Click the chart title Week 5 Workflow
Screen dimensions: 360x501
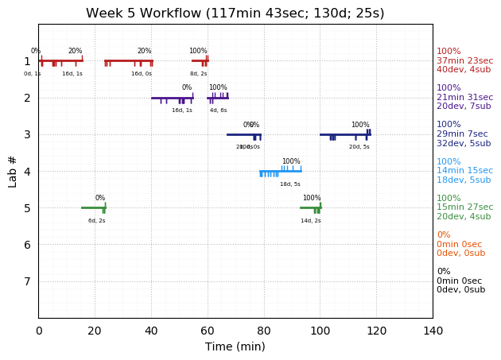(x=235, y=14)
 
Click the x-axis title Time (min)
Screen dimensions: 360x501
(x=235, y=346)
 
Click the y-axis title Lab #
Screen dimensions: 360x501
(x=13, y=171)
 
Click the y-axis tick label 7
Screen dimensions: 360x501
(x=27, y=281)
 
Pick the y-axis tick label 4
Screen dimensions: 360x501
(x=27, y=171)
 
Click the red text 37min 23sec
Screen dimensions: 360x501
(x=464, y=60)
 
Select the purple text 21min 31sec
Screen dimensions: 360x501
(x=464, y=98)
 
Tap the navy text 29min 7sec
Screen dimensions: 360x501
(x=462, y=134)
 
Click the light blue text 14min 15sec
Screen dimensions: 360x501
(x=464, y=171)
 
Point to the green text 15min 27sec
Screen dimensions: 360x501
(x=464, y=207)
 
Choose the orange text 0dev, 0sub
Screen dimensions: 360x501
(x=460, y=254)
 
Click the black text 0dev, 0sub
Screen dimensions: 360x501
(x=460, y=290)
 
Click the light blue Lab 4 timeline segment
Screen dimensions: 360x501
(x=280, y=171)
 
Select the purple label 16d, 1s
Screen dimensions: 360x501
(x=182, y=110)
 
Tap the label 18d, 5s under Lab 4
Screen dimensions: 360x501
(x=290, y=184)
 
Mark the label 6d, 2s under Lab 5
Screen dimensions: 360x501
(x=97, y=221)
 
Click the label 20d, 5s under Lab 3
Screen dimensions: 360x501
(x=359, y=147)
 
